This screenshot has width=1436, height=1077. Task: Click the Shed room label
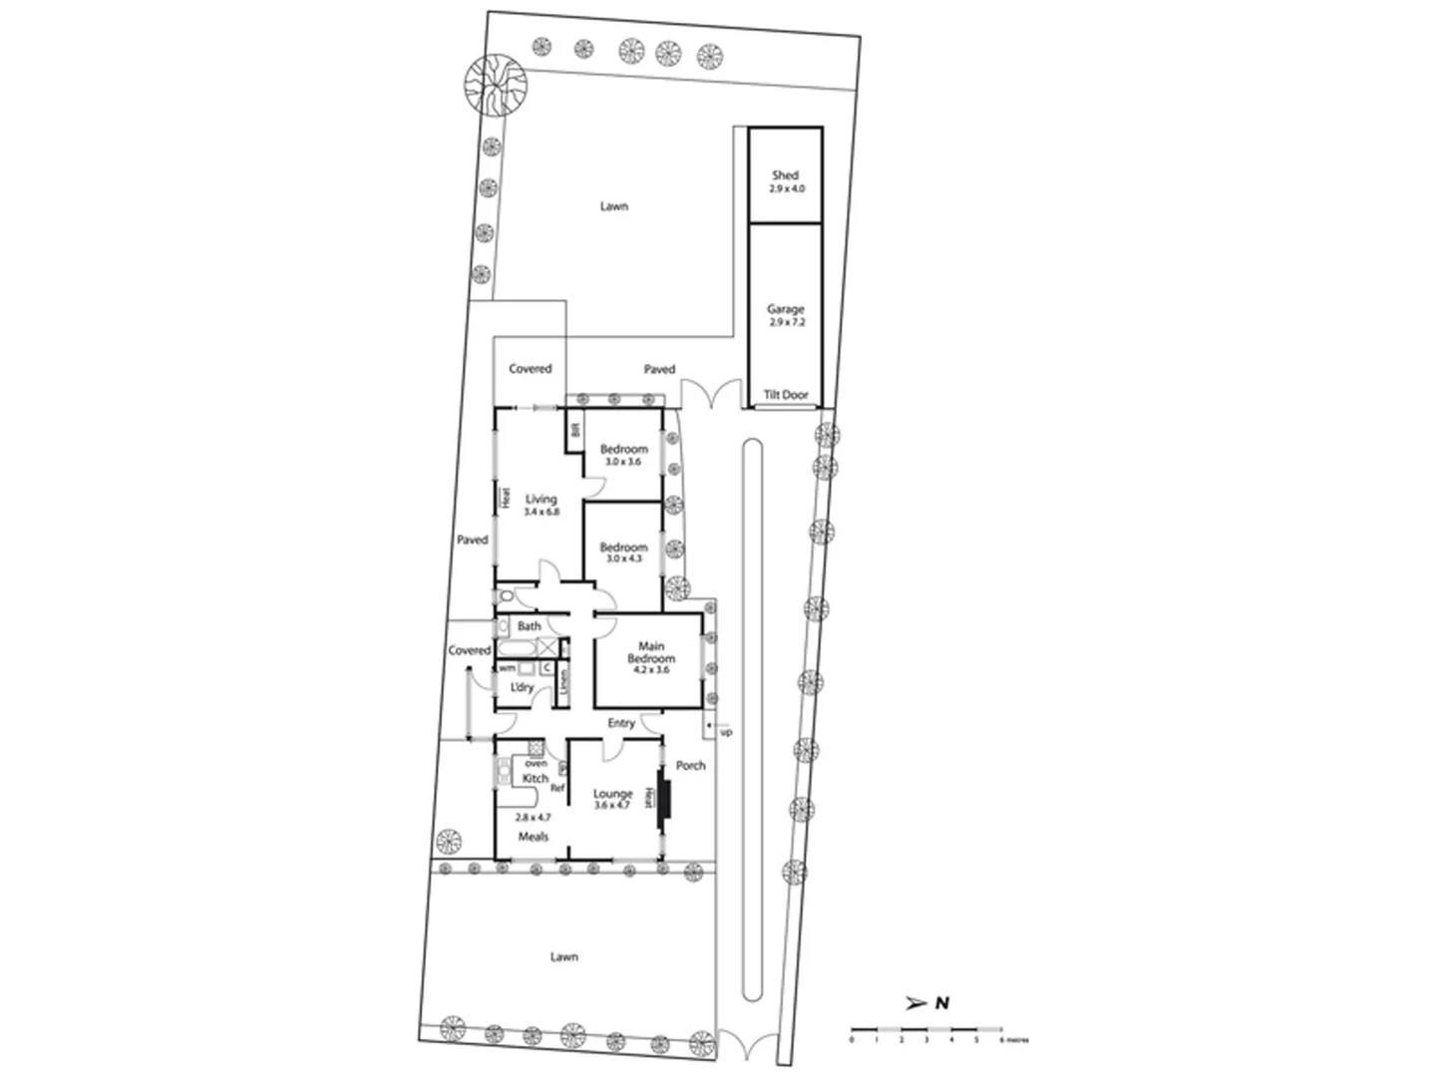click(785, 176)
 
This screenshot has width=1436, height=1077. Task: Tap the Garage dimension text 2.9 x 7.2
click(786, 323)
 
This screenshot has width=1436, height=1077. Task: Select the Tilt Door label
click(786, 395)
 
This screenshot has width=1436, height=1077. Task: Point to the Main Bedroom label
click(651, 652)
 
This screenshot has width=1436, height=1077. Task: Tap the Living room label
click(540, 500)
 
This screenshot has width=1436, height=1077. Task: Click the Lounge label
click(612, 794)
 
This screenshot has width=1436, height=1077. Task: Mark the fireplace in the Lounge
click(663, 800)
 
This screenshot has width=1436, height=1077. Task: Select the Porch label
click(690, 766)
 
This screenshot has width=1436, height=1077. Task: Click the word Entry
click(620, 723)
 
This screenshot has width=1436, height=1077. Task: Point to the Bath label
click(529, 626)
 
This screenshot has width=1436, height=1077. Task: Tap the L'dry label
click(522, 688)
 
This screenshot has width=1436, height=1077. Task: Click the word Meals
click(533, 837)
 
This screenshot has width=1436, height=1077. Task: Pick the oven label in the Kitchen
click(536, 764)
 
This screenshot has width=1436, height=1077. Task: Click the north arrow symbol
click(913, 1003)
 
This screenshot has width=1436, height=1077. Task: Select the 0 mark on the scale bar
click(852, 1039)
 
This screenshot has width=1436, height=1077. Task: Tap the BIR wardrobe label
click(574, 431)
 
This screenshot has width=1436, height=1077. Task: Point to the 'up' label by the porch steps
click(726, 732)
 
